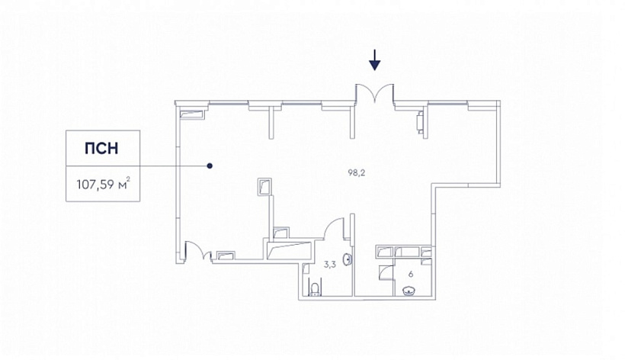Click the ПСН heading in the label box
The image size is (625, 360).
pos(101,148)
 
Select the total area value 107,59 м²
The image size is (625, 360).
pos(103,184)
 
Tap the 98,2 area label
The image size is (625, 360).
pos(357,172)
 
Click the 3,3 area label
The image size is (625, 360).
pos(329,264)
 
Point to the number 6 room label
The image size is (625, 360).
pos(411,275)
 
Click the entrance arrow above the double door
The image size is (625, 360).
pos(375,59)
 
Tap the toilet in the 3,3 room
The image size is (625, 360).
pos(316,289)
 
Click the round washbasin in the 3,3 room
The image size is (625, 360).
pos(349,259)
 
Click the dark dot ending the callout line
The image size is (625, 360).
pos(210,166)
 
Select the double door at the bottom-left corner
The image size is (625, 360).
pos(198,250)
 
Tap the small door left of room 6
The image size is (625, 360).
pos(386,272)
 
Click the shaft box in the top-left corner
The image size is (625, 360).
pos(192,114)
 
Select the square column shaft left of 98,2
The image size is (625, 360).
pos(264,187)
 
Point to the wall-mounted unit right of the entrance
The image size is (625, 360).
pos(420,121)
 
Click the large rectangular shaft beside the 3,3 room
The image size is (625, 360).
pos(289,250)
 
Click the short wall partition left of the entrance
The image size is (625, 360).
pos(271,122)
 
